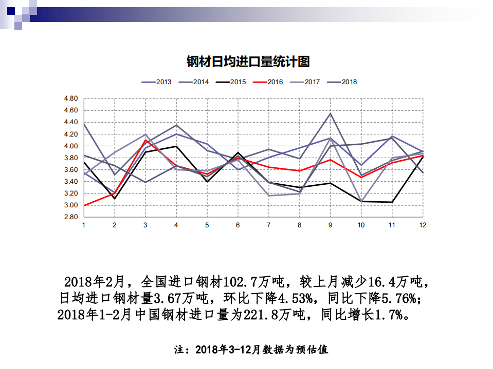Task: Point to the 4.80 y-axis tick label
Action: pos(70,99)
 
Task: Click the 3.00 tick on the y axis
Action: pos(70,205)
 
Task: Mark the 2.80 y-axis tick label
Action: pos(70,217)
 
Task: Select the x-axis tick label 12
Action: pos(423,225)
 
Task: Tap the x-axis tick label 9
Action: pos(330,225)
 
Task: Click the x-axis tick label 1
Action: pos(84,225)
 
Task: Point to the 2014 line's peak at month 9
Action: pos(330,113)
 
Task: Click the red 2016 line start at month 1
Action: pos(84,205)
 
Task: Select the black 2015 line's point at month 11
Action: pos(392,202)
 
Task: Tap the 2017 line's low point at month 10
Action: pos(361,201)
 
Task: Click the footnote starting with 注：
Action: pos(251,350)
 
